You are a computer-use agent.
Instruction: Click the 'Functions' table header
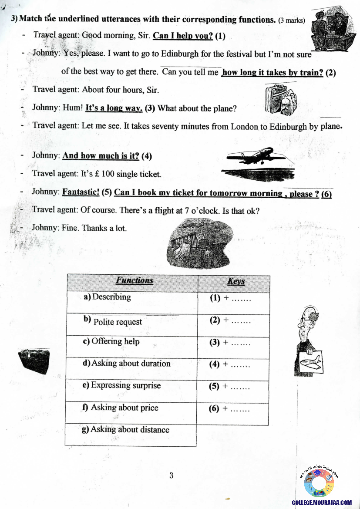click(134, 281)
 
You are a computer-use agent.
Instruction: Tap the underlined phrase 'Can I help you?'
click(183, 35)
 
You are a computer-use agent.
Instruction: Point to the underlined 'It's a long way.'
click(114, 108)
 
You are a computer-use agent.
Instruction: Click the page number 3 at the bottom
click(172, 475)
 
